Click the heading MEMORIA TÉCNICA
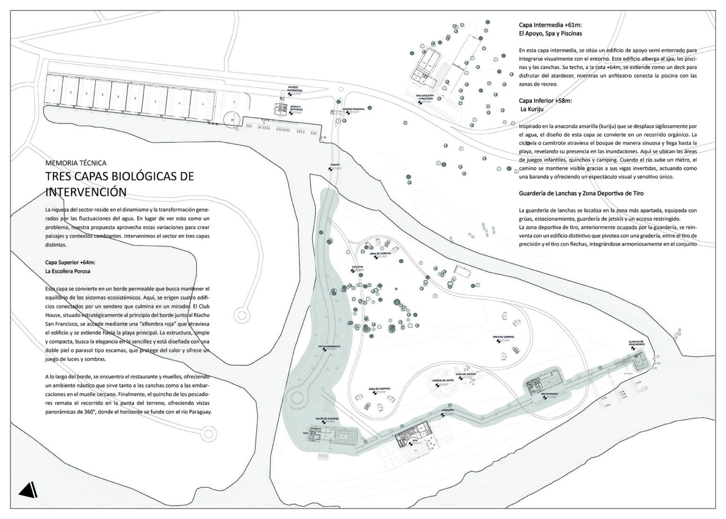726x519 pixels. pos(76,163)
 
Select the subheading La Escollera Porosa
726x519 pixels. pos(68,271)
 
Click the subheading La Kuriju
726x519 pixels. pos(532,109)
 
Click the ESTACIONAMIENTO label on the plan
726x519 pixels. pos(329,346)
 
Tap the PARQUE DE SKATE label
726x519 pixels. pos(443,380)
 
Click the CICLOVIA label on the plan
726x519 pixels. pos(357,267)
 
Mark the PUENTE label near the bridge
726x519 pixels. pos(335,165)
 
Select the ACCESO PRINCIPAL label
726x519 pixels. pos(354,109)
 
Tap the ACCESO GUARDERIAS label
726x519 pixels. pos(295,89)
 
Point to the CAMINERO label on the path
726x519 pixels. pos(448,410)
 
